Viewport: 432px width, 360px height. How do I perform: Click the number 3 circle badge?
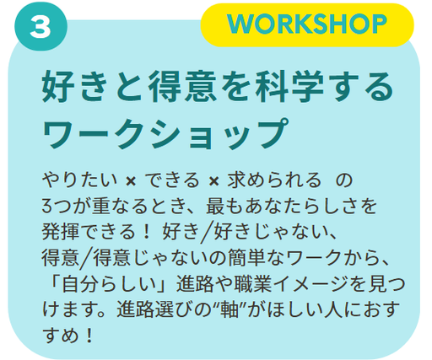[41, 26]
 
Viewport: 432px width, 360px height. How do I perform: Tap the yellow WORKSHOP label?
[307, 24]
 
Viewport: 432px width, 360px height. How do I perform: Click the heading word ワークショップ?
[166, 134]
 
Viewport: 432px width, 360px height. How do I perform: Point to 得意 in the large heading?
[183, 86]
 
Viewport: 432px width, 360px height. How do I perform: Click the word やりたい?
[79, 180]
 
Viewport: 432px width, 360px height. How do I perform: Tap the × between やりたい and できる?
[131, 181]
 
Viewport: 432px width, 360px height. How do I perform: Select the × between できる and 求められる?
[213, 181]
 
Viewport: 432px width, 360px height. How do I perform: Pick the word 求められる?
[274, 180]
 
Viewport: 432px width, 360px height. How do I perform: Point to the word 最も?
[224, 206]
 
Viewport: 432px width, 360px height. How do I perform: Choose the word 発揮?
[61, 232]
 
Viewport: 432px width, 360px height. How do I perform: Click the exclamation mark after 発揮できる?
[146, 232]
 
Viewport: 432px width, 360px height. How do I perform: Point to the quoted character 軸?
[229, 309]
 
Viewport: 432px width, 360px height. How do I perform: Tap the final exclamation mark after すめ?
[89, 336]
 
